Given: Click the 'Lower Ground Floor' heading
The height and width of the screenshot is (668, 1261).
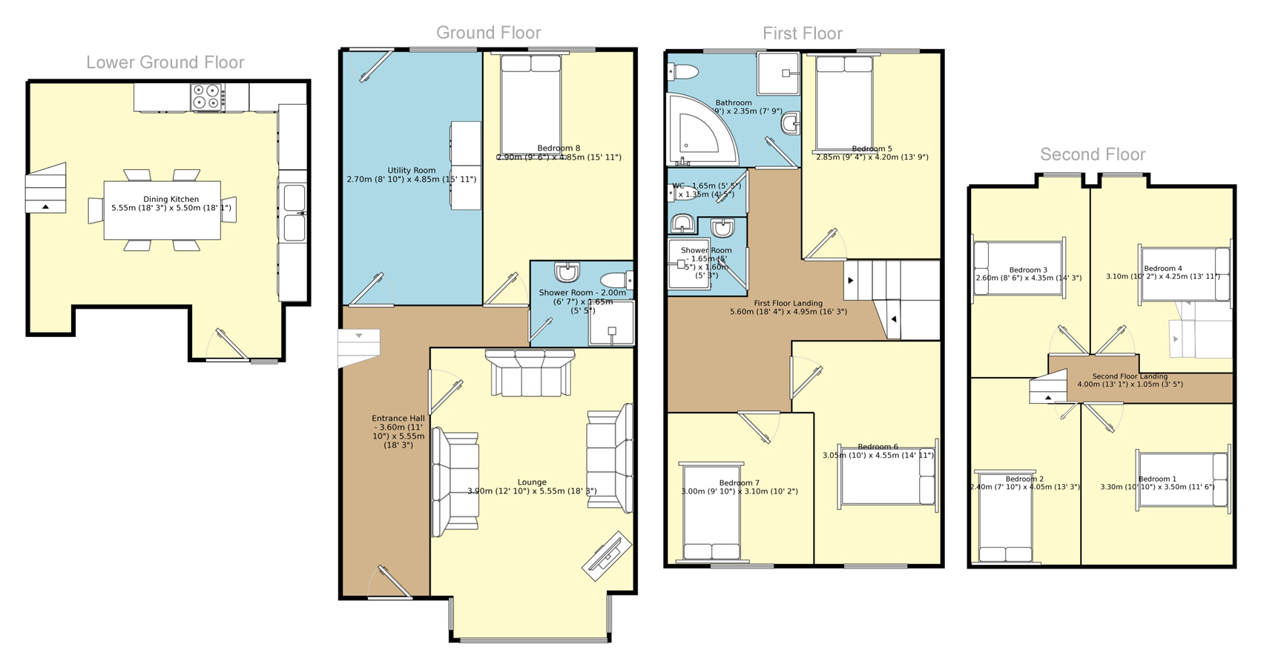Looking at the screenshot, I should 165,62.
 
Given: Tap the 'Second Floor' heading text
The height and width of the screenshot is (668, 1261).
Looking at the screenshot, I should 1092,154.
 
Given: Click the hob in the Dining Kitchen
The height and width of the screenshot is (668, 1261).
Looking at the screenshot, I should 208,98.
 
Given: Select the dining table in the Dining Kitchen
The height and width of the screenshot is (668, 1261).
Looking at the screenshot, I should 162,211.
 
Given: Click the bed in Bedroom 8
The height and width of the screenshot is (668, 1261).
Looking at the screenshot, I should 530,104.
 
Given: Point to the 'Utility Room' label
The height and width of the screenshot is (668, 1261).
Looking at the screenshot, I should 411,171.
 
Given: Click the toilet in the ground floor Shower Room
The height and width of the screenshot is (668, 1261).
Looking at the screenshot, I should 616,280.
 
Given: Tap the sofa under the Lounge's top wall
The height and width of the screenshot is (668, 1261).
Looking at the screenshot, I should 530,373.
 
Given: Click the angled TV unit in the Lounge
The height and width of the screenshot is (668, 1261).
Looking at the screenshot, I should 606,555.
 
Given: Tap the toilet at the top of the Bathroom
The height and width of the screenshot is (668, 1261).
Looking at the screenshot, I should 683,72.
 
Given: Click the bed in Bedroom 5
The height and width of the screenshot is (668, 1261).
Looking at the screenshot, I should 844,104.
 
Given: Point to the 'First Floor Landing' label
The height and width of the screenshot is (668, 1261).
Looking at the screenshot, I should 788,304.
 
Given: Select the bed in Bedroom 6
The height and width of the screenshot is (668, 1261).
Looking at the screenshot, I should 887,475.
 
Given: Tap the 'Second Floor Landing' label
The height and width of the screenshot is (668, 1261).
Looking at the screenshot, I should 1130,376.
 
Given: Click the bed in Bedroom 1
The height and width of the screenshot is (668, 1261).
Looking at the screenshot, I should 1182,479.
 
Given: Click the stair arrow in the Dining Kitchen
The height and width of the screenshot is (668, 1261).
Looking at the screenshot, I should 45,207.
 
